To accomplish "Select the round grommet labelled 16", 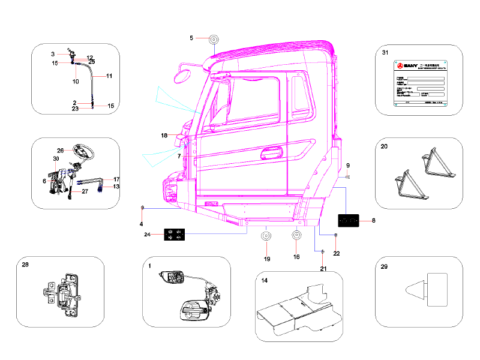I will [x=296, y=236].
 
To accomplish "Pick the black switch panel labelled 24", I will [x=174, y=235].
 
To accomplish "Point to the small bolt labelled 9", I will [x=349, y=177].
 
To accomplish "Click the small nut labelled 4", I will [x=142, y=208].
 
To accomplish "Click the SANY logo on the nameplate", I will [x=406, y=64].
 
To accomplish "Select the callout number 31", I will [x=385, y=53].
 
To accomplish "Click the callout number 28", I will [x=25, y=265].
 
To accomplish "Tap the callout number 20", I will [x=384, y=146].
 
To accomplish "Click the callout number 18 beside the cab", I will [x=164, y=136].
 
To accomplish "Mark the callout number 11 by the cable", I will [x=109, y=76].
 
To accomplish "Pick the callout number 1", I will [x=149, y=265].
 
